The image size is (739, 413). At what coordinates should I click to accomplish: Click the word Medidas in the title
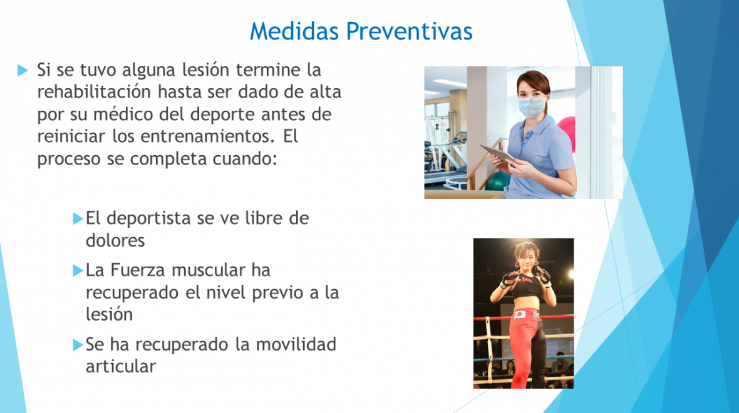click(x=294, y=31)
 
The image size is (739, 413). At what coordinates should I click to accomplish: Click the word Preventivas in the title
click(x=409, y=31)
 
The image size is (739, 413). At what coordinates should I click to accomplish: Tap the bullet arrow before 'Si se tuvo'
click(x=23, y=71)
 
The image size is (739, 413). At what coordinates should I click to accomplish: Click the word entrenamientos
click(x=207, y=136)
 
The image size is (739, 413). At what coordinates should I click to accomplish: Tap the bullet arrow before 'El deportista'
click(x=78, y=218)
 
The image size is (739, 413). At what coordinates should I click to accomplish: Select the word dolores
click(x=115, y=241)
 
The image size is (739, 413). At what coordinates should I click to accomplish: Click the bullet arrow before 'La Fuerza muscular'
click(x=78, y=271)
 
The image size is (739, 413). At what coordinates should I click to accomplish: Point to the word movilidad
click(x=296, y=344)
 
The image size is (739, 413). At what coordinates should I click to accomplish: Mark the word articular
click(x=121, y=366)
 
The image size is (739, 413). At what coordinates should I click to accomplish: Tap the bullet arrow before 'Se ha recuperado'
click(x=78, y=345)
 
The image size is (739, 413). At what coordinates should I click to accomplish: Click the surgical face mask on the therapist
click(x=532, y=107)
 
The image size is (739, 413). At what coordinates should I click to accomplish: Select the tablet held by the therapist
click(x=498, y=155)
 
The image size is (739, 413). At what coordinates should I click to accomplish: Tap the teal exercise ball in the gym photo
click(x=498, y=181)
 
